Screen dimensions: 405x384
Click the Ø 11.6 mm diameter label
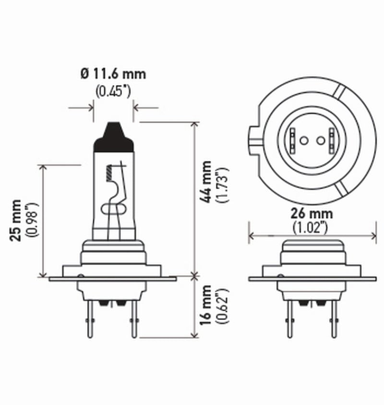113,74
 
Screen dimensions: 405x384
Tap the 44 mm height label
206,183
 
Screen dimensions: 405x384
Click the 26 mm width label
312,213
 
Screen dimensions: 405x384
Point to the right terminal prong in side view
134,319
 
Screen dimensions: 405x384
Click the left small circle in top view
303,141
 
